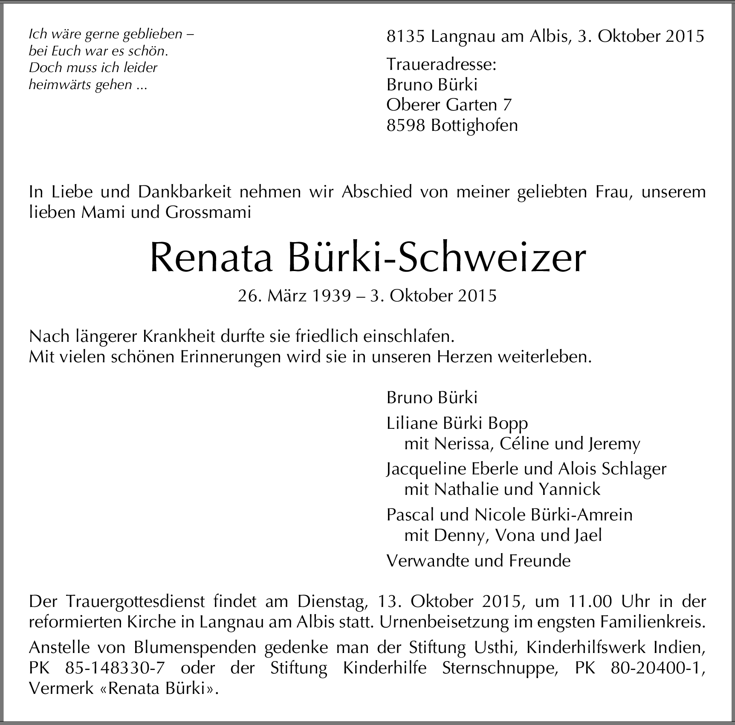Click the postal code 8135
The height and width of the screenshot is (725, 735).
405,37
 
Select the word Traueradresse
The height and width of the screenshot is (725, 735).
441,64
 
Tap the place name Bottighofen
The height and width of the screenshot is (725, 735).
475,126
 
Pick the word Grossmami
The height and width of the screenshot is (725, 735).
208,213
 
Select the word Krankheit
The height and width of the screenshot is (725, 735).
179,337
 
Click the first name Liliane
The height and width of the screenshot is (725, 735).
412,423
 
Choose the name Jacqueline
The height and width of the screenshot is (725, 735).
426,469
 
